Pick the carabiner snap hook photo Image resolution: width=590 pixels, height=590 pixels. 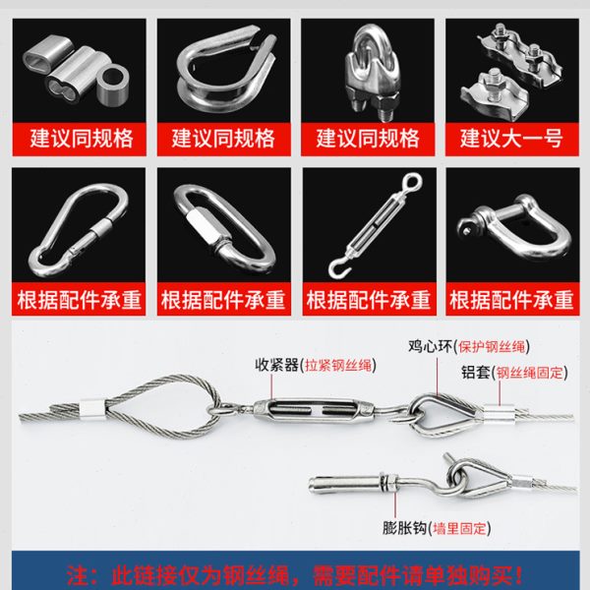(x=80, y=227)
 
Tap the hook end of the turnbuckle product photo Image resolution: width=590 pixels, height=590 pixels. (x=335, y=264)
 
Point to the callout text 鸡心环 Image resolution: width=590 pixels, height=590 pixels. (x=426, y=345)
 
